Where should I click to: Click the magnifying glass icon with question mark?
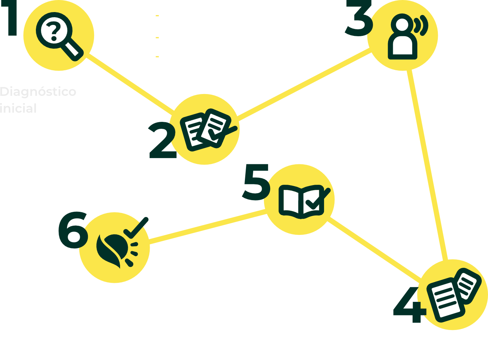tap(59, 36)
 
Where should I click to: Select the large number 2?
tap(162, 141)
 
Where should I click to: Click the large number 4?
tap(409, 305)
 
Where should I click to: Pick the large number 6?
tap(73, 230)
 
